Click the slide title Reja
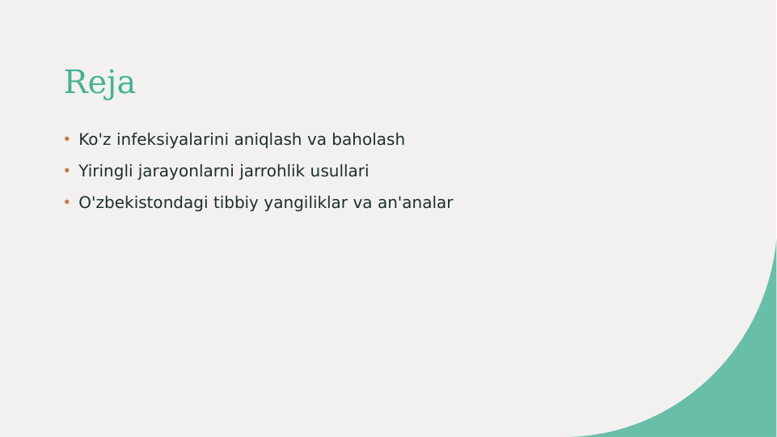pos(99,83)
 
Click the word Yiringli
pos(105,172)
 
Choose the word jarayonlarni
pos(186,172)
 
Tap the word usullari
pos(340,172)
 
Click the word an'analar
pos(415,203)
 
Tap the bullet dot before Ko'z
pos(67,139)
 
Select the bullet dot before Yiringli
pos(67,171)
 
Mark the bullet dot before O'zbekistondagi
pos(67,202)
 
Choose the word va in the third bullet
pos(362,203)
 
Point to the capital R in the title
pos(74,83)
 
